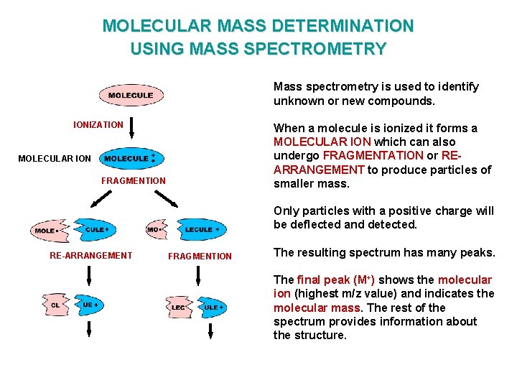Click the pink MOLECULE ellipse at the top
point(131,96)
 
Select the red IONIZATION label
point(98,125)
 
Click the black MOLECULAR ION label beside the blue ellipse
point(55,159)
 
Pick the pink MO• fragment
point(155,230)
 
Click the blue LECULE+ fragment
point(201,230)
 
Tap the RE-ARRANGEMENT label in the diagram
point(90,255)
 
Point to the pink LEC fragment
point(178,307)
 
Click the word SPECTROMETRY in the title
point(324,49)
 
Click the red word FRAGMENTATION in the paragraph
point(373,155)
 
